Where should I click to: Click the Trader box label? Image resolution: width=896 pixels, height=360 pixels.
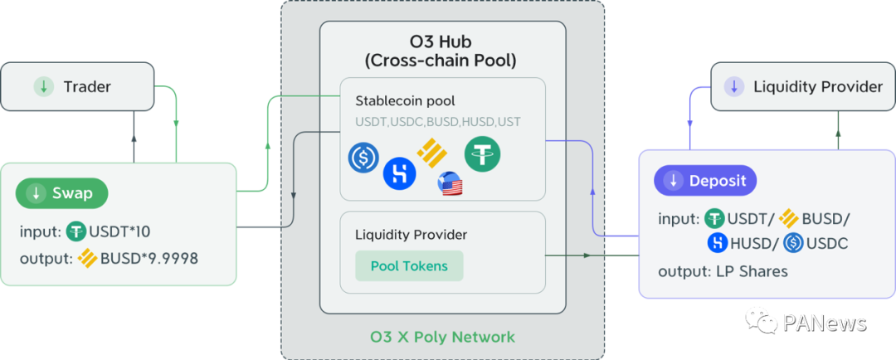87,86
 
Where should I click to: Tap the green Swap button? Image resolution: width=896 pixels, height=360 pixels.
62,193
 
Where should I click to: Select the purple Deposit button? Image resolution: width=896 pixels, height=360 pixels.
706,180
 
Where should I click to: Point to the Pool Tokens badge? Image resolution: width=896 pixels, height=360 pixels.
409,266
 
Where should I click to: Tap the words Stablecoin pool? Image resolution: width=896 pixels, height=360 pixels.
405,101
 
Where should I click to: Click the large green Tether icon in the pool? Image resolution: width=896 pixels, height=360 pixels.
482,155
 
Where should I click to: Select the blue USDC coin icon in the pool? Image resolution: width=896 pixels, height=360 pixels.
363,158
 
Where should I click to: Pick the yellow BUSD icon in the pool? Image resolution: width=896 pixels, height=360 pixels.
431,151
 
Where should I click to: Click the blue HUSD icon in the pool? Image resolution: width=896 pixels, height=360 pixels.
399,173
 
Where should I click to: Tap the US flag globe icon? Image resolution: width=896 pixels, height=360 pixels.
450,183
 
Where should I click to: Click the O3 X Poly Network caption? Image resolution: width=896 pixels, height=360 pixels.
442,337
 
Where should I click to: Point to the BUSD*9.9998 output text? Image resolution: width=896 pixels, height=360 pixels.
149,258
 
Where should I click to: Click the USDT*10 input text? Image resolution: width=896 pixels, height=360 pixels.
119,231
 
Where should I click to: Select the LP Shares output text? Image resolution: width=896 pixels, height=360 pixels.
744,271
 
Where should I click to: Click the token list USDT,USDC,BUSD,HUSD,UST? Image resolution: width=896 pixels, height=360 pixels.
437,122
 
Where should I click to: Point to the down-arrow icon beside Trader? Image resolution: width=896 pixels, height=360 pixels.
41,86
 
